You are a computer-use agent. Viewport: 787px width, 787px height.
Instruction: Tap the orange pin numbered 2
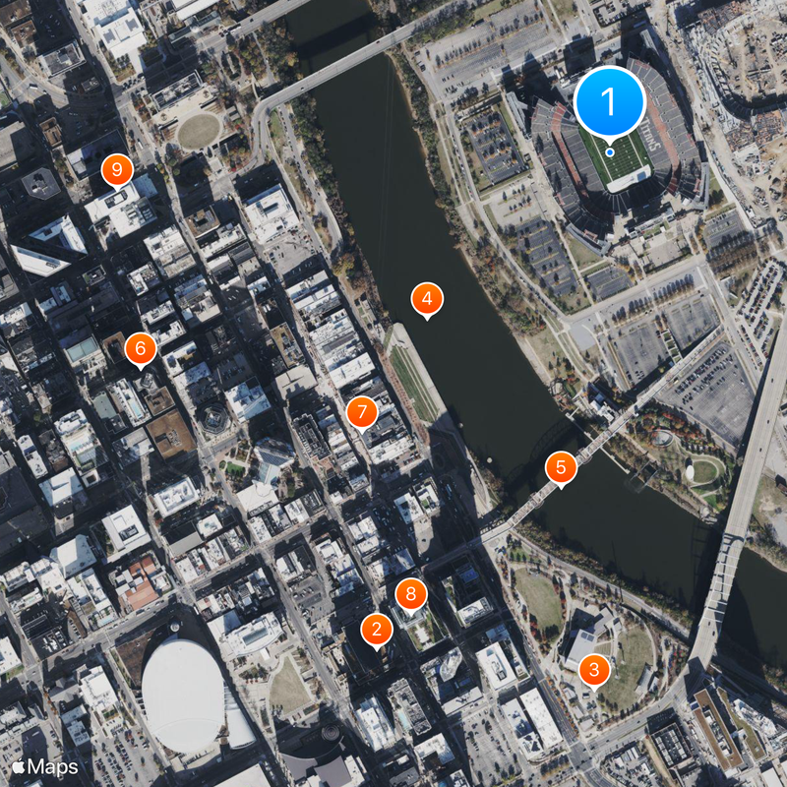point(374,629)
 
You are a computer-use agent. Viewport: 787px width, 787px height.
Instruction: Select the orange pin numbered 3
point(593,670)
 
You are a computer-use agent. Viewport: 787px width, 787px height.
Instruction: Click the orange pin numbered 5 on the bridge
point(561,467)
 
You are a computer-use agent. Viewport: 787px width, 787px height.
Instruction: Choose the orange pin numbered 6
point(140,347)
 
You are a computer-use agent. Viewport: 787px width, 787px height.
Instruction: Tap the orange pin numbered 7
point(361,411)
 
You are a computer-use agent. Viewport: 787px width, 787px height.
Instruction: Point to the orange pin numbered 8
point(411,593)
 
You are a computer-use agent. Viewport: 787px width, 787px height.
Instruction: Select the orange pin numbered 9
point(117,171)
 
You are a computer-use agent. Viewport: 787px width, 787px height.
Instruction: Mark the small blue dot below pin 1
point(610,152)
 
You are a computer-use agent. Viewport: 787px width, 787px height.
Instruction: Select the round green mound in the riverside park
point(704,471)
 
